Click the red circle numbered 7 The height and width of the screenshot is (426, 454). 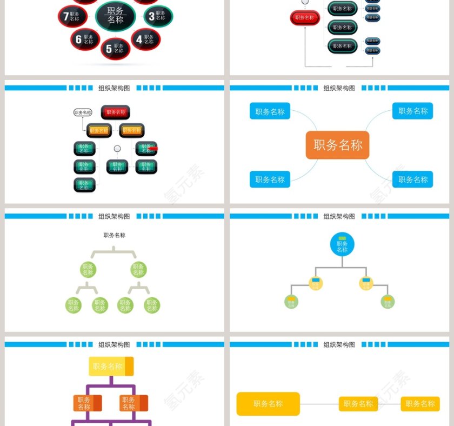click(x=72, y=16)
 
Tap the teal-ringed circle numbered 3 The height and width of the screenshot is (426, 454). click(x=158, y=16)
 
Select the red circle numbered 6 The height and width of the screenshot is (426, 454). click(x=85, y=39)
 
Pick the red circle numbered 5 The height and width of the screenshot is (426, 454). click(x=115, y=49)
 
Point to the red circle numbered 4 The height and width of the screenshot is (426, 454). click(x=145, y=39)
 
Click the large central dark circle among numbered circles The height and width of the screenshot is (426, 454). click(x=115, y=16)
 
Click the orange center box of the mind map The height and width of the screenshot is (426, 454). click(x=337, y=145)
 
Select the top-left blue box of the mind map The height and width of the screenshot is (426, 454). click(x=270, y=111)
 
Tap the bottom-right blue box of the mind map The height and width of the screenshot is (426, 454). click(x=412, y=179)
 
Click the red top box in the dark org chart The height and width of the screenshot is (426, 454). click(x=115, y=112)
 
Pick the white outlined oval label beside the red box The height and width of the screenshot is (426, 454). click(x=83, y=112)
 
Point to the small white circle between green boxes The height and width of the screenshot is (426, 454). click(x=117, y=149)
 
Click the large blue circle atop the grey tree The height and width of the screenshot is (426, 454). click(x=342, y=244)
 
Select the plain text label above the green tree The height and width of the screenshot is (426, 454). click(x=115, y=235)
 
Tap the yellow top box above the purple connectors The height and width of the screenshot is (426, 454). click(x=111, y=367)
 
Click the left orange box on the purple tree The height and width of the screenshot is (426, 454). click(x=87, y=403)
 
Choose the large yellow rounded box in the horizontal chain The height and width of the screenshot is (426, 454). click(x=268, y=404)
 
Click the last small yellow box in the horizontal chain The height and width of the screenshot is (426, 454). click(x=420, y=404)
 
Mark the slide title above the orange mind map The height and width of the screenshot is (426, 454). click(x=339, y=88)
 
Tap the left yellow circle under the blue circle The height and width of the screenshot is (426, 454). click(x=316, y=283)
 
